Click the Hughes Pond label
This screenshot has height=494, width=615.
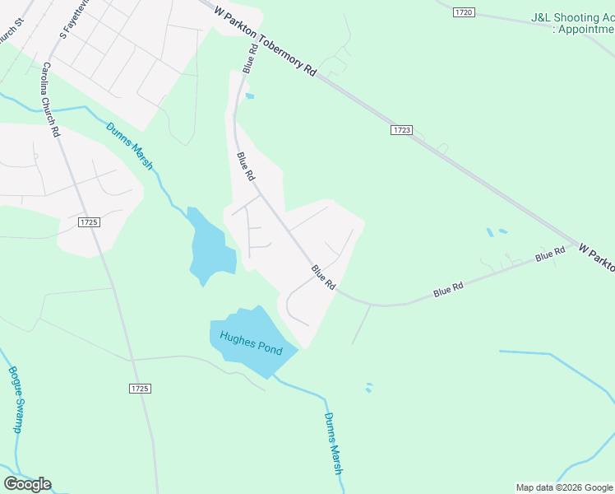coord(251,344)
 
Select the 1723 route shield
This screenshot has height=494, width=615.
coord(401,130)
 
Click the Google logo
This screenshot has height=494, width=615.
coord(27,484)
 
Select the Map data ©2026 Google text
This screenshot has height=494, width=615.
coord(564,487)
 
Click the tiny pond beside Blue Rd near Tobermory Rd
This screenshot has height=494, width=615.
coord(250,96)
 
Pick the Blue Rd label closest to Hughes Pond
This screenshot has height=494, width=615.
coord(323,277)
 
